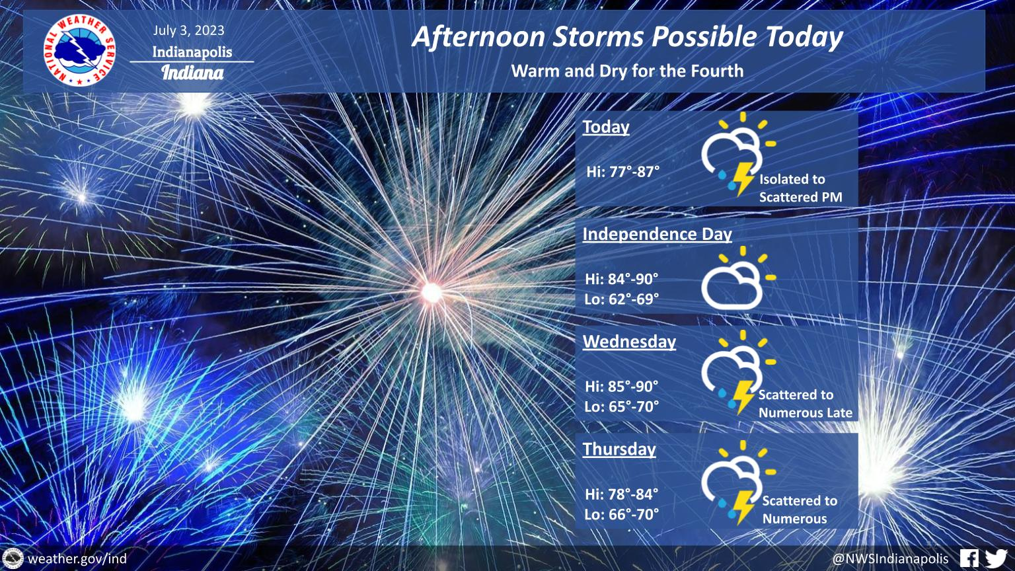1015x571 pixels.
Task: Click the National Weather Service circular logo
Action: coord(79,51)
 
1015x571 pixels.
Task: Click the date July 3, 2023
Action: coord(188,30)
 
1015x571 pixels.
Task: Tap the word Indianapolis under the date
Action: coord(192,52)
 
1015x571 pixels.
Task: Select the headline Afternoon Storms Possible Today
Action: coord(627,37)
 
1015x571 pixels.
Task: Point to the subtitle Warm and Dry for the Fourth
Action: coord(627,71)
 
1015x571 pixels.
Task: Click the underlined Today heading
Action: coord(606,127)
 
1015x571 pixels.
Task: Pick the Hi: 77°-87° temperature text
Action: coord(622,172)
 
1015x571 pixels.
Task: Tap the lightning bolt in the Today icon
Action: coord(743,178)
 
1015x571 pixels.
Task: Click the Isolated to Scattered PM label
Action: coord(801,188)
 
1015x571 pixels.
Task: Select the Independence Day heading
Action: coord(657,235)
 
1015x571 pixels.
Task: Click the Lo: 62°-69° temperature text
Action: coord(621,299)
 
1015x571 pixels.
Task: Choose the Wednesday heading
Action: coord(629,342)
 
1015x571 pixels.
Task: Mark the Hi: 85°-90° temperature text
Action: coord(621,387)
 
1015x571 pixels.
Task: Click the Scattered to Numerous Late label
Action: coord(806,404)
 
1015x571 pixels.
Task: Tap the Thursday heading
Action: coord(619,449)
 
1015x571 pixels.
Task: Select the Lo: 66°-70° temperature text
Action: coord(621,514)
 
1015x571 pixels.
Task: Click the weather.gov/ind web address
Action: coord(77,558)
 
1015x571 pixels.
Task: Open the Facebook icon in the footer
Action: coord(969,558)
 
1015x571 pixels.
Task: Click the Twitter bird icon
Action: coord(997,558)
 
